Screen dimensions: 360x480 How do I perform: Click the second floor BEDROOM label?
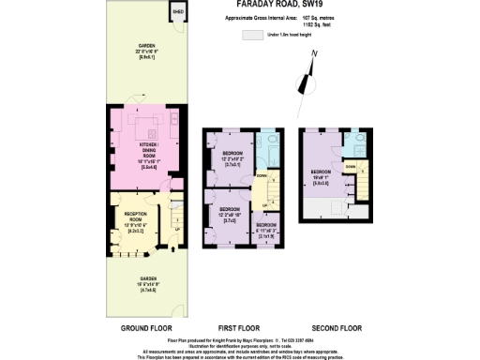pyautogui.click(x=322, y=175)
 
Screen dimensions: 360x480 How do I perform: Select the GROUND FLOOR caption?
pyautogui.click(x=145, y=328)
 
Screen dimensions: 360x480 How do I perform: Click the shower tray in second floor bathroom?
pyautogui.click(x=358, y=142)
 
